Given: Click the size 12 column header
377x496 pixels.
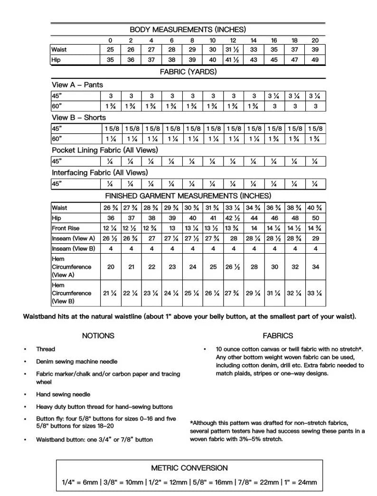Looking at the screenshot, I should point(233,41).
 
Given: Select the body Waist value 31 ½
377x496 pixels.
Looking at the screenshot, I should point(233,50).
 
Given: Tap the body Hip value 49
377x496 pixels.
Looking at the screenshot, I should point(315,60).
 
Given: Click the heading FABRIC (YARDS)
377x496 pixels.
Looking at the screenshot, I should point(188,72).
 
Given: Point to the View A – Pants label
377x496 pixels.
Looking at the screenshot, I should point(77,85).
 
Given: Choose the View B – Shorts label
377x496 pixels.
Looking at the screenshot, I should point(79,118).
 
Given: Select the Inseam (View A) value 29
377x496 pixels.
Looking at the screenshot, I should point(315,239).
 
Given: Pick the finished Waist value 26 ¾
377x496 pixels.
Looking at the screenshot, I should point(111,208).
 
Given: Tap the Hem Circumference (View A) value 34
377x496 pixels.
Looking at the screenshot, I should point(315,267).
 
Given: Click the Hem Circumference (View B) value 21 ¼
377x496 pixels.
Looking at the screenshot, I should point(111,294).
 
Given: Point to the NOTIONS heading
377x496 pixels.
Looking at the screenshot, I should point(98,336).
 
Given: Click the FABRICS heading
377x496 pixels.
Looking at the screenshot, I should point(278,336).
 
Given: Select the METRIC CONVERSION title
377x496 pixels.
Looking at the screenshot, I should point(189,468).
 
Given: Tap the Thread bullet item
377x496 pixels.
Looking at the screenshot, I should point(46,349).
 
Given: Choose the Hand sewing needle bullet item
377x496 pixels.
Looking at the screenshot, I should point(63,395).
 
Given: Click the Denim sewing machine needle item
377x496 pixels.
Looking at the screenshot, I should point(76,361).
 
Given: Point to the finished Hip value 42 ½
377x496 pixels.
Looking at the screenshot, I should point(233,218).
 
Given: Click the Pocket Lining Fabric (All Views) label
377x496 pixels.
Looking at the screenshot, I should point(104,150).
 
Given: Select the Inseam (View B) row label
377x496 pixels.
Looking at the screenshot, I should point(74,248).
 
